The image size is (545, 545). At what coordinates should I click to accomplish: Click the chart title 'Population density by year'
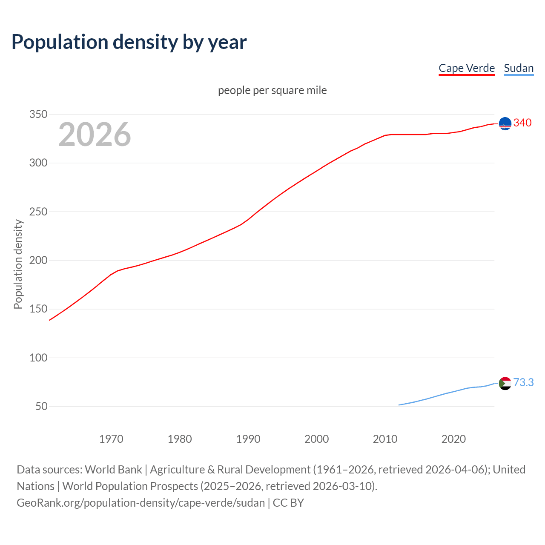pos(129,42)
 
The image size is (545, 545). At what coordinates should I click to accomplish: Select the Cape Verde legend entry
pos(467,68)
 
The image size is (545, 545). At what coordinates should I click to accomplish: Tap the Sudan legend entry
pos(519,68)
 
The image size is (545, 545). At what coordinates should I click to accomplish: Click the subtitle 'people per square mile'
pos(272,90)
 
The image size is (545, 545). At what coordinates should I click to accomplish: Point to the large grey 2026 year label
pos(95,135)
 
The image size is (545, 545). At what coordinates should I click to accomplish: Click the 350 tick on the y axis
pos(38,114)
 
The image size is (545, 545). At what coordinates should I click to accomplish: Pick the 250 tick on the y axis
pos(38,212)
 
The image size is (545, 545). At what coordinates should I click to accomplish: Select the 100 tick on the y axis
pos(38,358)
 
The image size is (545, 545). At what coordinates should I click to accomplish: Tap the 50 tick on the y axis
pos(41,406)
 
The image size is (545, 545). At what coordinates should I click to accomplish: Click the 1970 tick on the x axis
pos(111,439)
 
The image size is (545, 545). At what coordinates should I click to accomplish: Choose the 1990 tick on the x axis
pos(248,439)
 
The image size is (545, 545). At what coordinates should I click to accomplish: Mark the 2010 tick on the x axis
pos(385,439)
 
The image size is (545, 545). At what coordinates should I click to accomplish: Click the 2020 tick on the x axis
pos(453,439)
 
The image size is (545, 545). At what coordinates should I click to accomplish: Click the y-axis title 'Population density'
pos(18,264)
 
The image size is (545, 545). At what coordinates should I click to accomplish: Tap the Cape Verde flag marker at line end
pos(505,123)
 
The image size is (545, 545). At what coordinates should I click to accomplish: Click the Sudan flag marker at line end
pos(505,384)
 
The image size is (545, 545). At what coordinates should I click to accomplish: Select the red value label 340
pos(522,123)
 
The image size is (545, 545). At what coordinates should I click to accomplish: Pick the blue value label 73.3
pos(523,382)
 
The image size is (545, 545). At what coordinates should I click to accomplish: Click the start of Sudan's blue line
pos(399,405)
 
